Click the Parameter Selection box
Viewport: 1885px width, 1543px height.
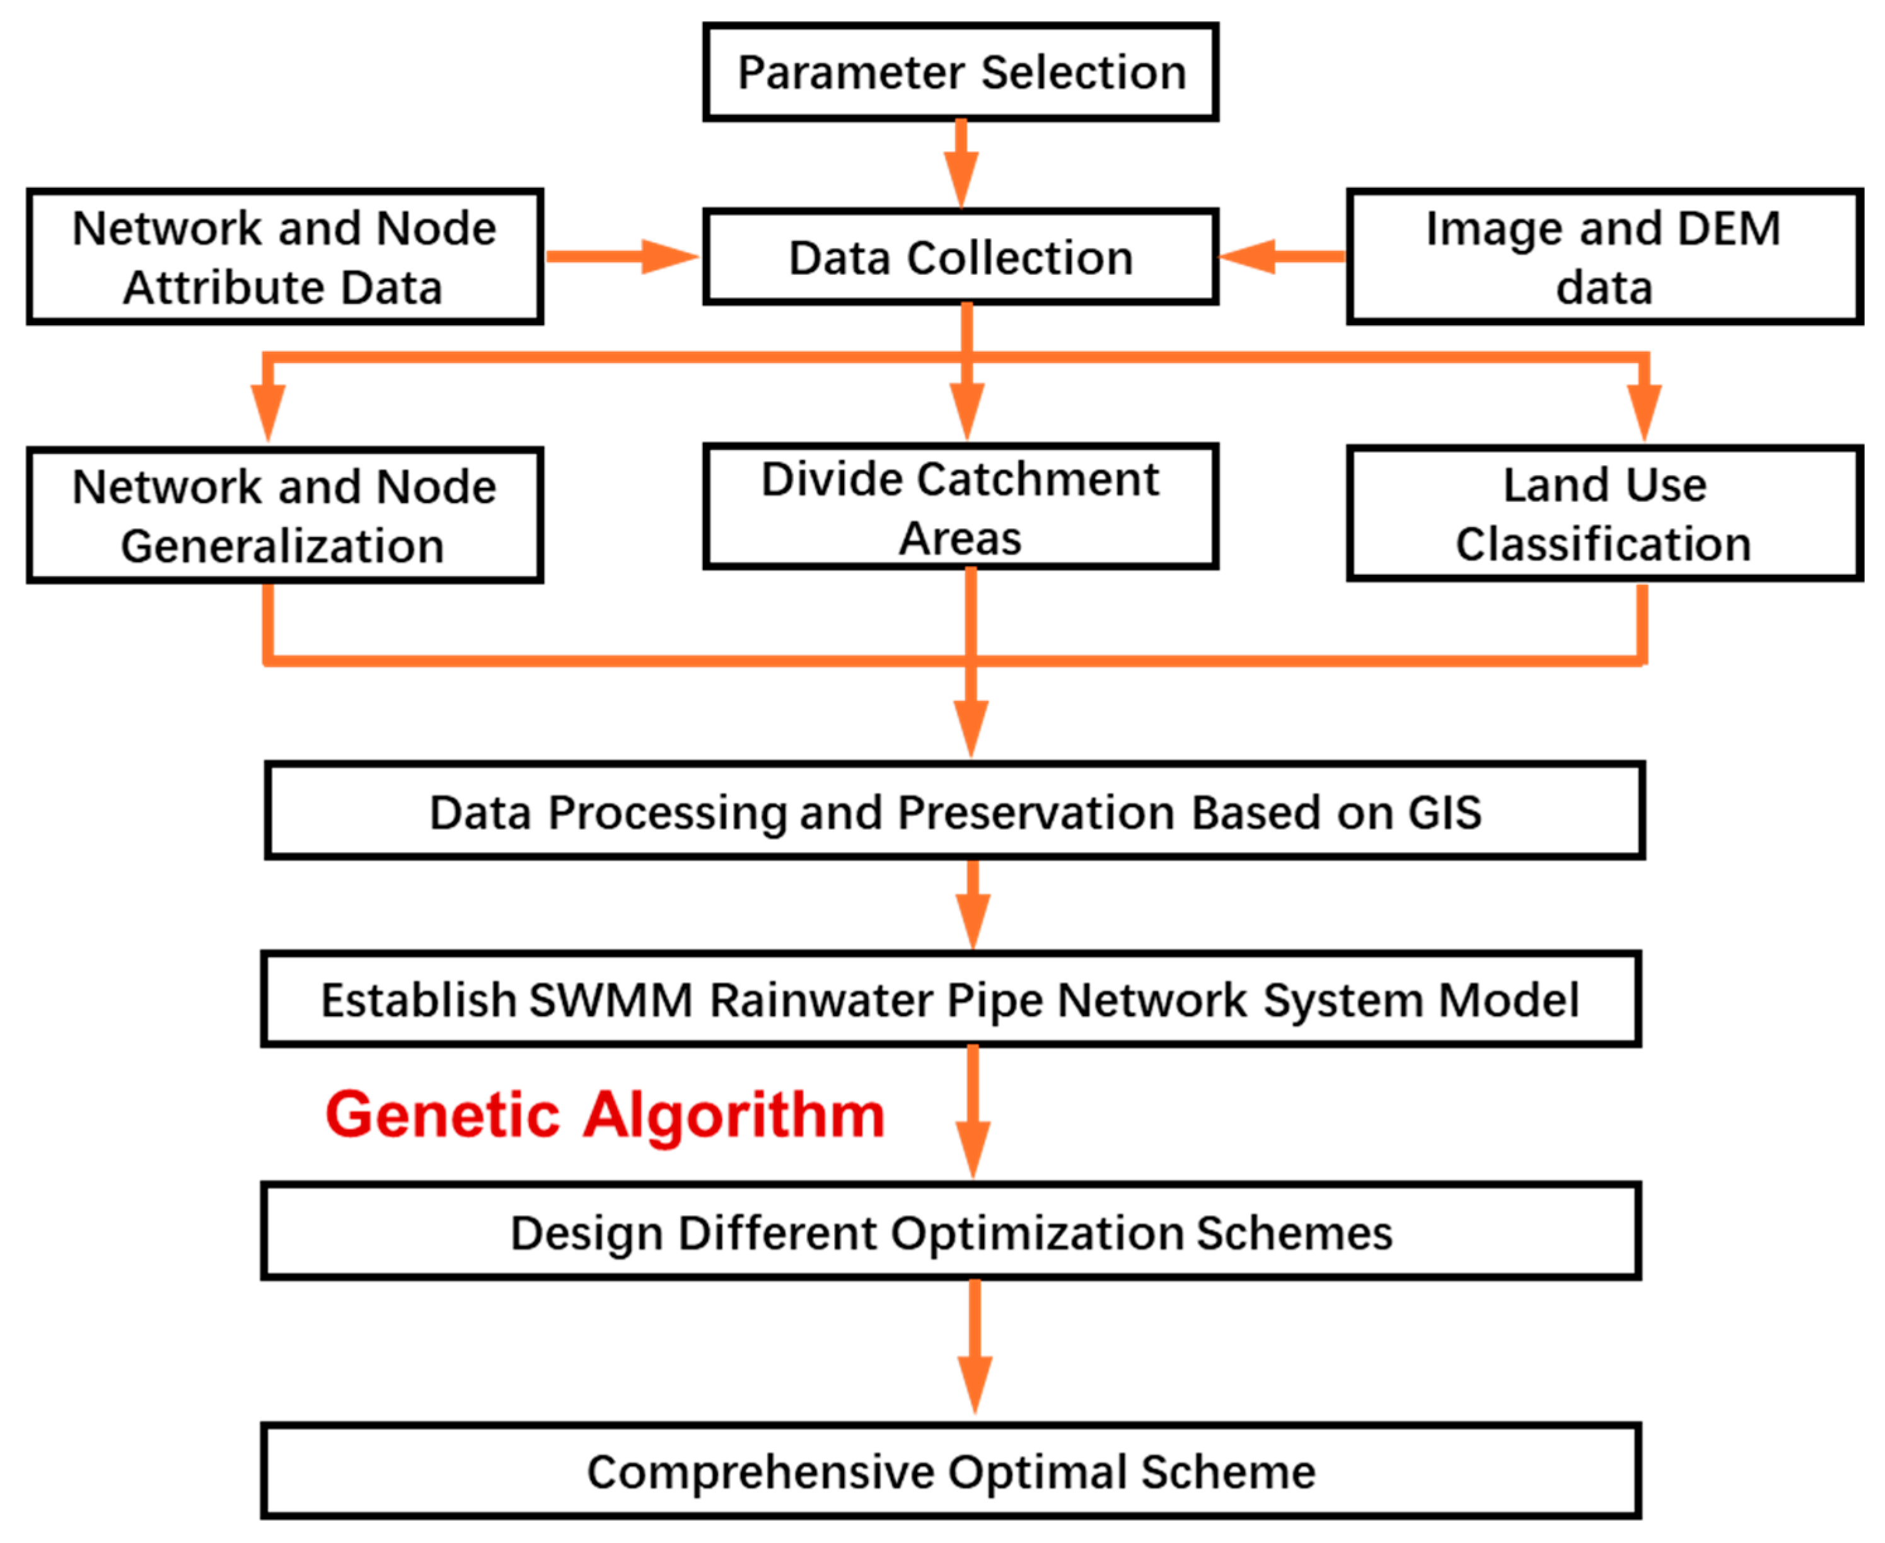tap(960, 72)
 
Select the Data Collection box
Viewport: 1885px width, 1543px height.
tap(960, 258)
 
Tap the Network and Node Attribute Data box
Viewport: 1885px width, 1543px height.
tap(284, 257)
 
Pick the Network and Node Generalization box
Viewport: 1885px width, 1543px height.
tap(284, 516)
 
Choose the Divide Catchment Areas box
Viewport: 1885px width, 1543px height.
tap(960, 507)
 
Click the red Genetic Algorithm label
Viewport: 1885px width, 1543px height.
tap(605, 1116)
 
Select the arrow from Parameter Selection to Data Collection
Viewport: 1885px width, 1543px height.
tap(961, 165)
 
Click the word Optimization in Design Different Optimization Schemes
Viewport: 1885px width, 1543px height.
tap(1036, 1234)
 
